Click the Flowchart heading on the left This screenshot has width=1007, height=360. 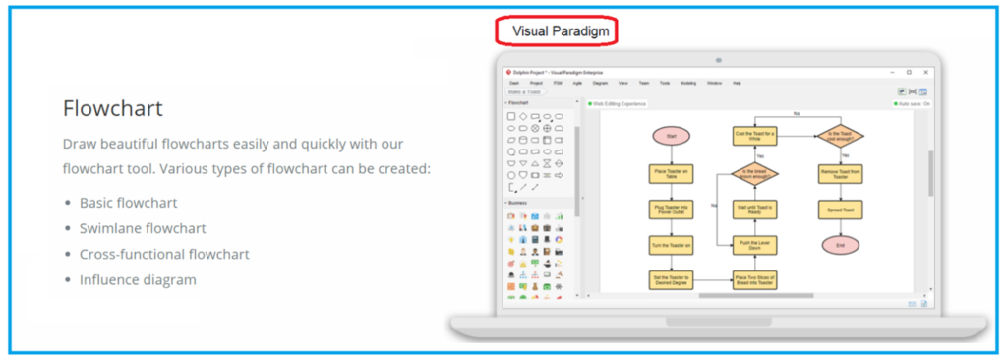112,107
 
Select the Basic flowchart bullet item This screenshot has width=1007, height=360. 128,203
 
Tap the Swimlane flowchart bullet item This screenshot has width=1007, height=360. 143,228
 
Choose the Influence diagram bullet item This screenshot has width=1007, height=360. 138,279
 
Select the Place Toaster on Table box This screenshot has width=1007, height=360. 671,173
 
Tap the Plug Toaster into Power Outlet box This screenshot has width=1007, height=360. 671,209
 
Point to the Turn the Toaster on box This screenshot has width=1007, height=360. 671,244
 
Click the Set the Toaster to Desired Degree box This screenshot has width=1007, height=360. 671,279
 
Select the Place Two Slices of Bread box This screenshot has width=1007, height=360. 755,279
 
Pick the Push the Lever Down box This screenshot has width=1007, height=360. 755,243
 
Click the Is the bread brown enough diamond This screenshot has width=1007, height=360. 755,173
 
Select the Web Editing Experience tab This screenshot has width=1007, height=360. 617,102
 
